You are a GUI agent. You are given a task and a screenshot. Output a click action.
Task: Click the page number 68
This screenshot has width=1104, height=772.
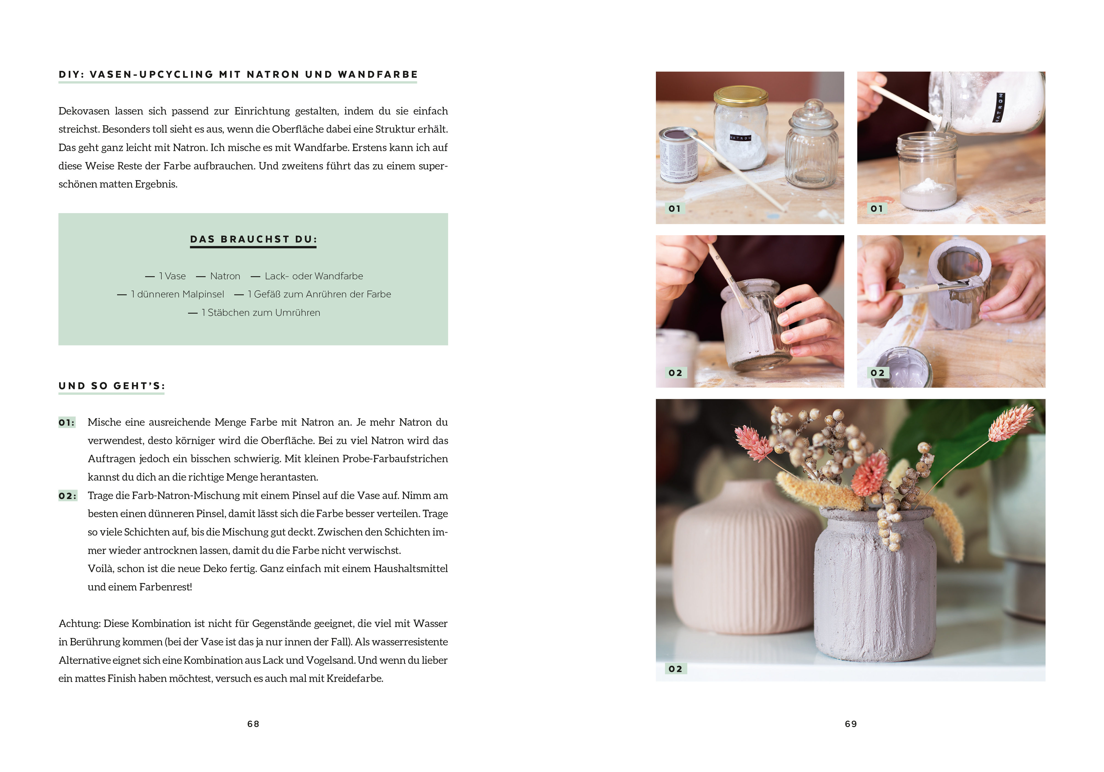(253, 724)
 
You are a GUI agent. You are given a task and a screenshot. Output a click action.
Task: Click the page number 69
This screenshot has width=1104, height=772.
(851, 724)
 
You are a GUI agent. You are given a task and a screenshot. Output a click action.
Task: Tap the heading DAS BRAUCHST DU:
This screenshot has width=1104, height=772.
(253, 239)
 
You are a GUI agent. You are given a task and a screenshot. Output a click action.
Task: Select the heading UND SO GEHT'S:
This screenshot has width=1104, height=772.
(112, 386)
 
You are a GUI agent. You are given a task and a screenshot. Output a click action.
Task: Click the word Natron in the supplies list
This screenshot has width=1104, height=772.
(225, 276)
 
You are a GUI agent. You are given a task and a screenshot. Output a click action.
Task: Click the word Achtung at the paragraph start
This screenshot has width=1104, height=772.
(79, 623)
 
